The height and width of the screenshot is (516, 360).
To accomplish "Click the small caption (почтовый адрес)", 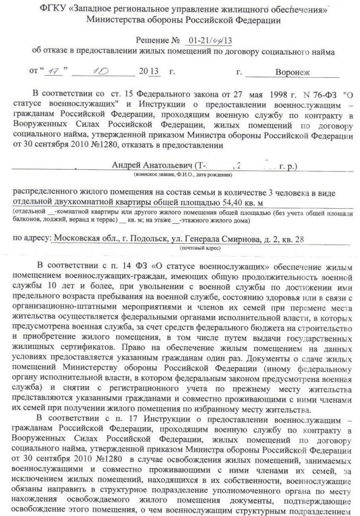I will (198, 248).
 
